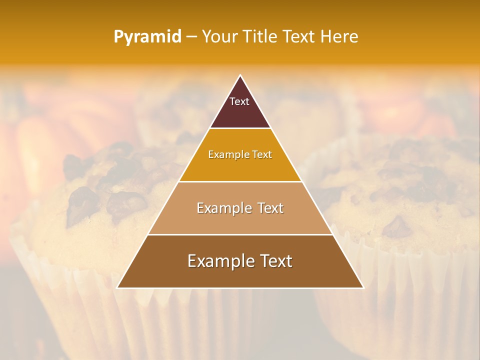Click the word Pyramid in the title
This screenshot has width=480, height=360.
pyautogui.click(x=147, y=37)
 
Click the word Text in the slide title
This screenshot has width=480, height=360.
pyautogui.click(x=300, y=36)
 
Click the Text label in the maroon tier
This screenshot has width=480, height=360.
pyautogui.click(x=239, y=101)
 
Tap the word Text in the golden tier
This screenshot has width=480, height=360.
pyautogui.click(x=262, y=155)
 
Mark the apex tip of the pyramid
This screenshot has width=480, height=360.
pyautogui.click(x=240, y=75)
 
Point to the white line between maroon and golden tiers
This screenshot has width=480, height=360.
pyautogui.click(x=240, y=128)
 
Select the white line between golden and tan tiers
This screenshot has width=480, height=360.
pyautogui.click(x=240, y=181)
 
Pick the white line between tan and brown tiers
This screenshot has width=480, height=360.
pyautogui.click(x=240, y=234)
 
